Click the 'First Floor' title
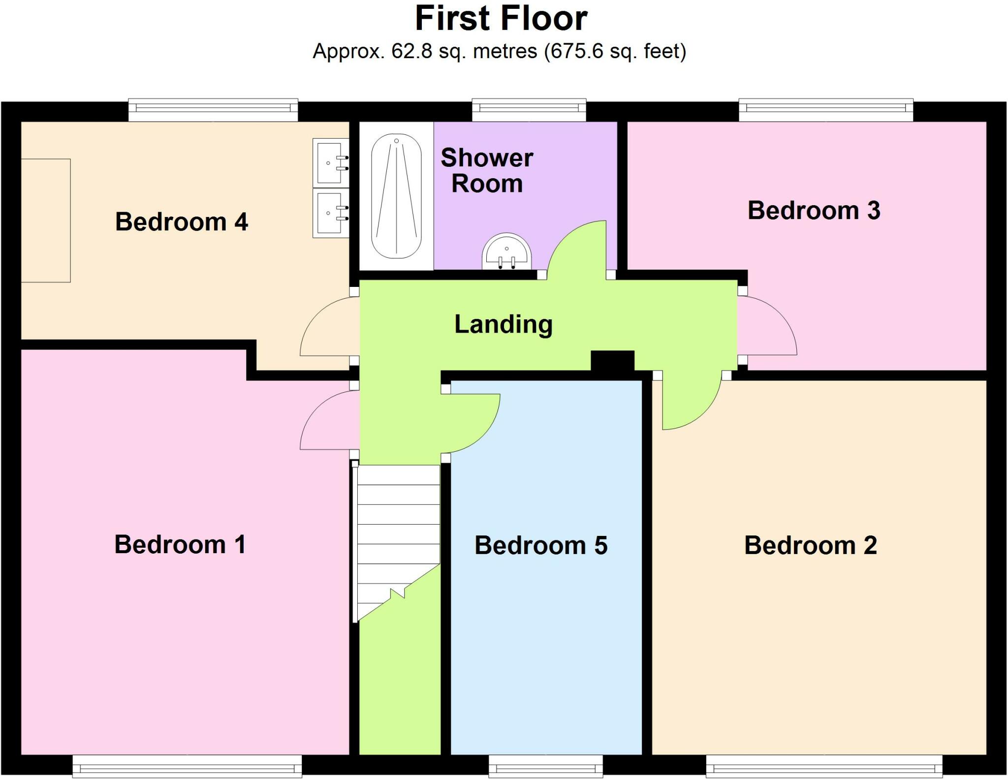[501, 19]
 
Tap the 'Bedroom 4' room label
[181, 221]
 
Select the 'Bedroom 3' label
[814, 211]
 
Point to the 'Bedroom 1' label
[180, 544]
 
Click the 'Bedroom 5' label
[541, 545]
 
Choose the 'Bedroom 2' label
[810, 545]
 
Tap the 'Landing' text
[503, 324]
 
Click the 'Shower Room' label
[487, 170]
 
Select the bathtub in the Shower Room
[396, 196]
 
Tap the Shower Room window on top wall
[529, 109]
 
